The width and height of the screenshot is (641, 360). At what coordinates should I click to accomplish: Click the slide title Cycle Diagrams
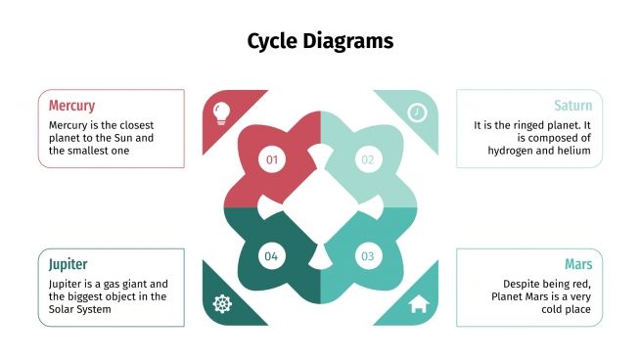pyautogui.click(x=320, y=41)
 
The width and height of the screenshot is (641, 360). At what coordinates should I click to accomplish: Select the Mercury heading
pyautogui.click(x=71, y=106)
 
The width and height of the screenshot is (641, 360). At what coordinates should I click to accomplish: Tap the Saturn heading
pyautogui.click(x=572, y=106)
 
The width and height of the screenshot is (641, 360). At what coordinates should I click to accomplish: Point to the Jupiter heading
pyautogui.click(x=69, y=264)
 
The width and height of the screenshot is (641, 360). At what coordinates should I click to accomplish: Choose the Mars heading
pyautogui.click(x=578, y=264)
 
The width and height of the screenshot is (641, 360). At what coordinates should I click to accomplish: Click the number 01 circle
pyautogui.click(x=271, y=159)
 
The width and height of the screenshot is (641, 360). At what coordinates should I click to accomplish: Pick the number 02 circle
pyautogui.click(x=367, y=159)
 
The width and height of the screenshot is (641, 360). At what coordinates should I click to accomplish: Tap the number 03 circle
pyautogui.click(x=367, y=256)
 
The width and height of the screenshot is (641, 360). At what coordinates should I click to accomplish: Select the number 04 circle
pyautogui.click(x=271, y=256)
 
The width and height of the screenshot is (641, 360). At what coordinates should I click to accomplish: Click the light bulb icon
pyautogui.click(x=222, y=111)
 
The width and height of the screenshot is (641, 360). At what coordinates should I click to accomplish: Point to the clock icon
pyautogui.click(x=418, y=112)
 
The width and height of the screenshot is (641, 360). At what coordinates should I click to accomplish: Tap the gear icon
pyautogui.click(x=222, y=304)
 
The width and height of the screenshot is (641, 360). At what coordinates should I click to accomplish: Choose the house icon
pyautogui.click(x=419, y=304)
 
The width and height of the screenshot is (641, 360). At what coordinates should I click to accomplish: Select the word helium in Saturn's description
pyautogui.click(x=575, y=151)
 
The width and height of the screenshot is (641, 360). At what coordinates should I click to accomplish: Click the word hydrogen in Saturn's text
pyautogui.click(x=524, y=151)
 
